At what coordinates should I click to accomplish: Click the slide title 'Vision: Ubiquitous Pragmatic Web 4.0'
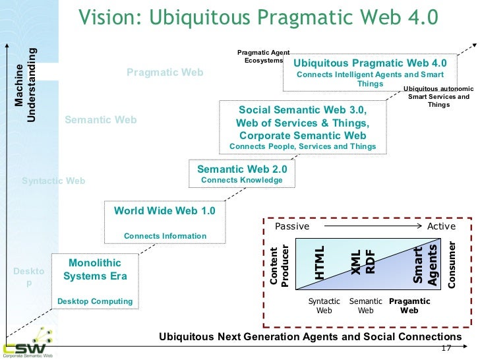pyautogui.click(x=258, y=16)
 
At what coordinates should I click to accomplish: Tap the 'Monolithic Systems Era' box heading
pyautogui.click(x=94, y=270)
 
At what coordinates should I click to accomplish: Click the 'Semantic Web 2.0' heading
pyautogui.click(x=242, y=169)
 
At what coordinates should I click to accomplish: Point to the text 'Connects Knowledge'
pyautogui.click(x=241, y=180)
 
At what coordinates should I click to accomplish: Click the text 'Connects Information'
pyautogui.click(x=165, y=236)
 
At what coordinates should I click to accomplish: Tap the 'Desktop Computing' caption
pyautogui.click(x=95, y=301)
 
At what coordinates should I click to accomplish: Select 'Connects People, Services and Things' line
pyautogui.click(x=303, y=146)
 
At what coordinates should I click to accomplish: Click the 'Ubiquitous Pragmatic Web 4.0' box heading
pyautogui.click(x=370, y=63)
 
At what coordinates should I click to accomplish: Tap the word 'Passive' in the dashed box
pyautogui.click(x=291, y=226)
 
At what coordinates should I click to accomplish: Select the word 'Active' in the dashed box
pyautogui.click(x=442, y=226)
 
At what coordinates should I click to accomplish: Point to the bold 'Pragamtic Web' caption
pyautogui.click(x=409, y=306)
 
